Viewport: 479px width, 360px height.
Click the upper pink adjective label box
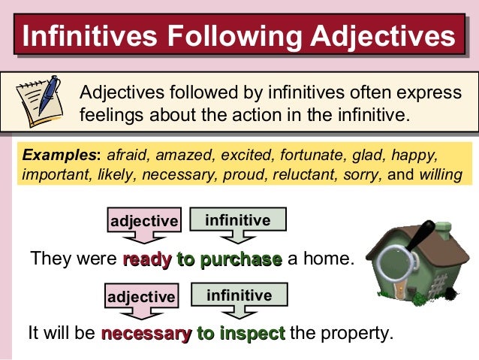144,221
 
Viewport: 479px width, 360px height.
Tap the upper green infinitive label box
237,219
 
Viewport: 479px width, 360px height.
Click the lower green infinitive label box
238,295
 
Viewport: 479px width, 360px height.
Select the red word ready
146,260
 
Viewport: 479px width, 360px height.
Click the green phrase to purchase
229,260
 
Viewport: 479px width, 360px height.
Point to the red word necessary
146,333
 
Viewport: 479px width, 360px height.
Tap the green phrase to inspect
240,333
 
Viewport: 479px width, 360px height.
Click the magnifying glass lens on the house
394,264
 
